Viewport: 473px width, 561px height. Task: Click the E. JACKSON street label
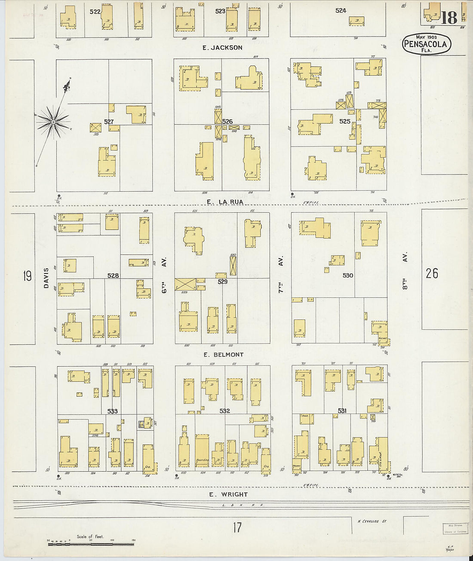(x=222, y=48)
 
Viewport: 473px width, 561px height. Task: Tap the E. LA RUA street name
(x=225, y=202)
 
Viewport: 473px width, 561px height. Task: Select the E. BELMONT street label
(x=224, y=355)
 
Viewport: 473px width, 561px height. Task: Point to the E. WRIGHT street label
(x=228, y=494)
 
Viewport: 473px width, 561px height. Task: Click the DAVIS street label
(x=46, y=278)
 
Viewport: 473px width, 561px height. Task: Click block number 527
(x=109, y=122)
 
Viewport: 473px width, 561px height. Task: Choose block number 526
(x=227, y=122)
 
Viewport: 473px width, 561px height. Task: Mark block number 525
(x=345, y=121)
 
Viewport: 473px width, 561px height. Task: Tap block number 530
(x=348, y=275)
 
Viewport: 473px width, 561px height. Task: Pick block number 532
(x=224, y=411)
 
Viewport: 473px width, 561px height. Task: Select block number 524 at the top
(x=341, y=10)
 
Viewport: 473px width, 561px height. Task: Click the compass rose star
(x=53, y=122)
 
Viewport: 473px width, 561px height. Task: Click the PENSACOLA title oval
(x=427, y=44)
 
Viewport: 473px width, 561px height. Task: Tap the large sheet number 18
(x=448, y=18)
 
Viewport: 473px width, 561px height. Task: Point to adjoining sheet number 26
(x=432, y=273)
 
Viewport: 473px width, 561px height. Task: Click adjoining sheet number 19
(x=28, y=276)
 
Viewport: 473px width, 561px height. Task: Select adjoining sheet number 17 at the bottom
(x=237, y=527)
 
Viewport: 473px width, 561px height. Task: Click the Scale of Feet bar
(x=91, y=544)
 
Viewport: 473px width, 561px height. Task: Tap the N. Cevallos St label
(x=372, y=521)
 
